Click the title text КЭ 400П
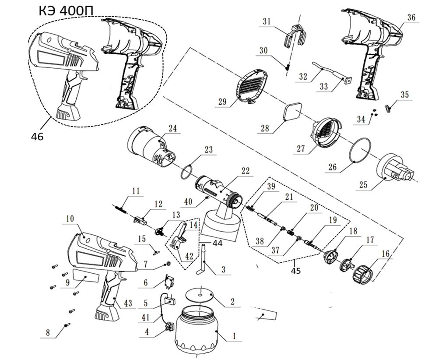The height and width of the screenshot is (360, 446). [x=66, y=11]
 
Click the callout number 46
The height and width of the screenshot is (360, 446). [x=37, y=137]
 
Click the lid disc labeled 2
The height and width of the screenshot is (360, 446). [x=199, y=295]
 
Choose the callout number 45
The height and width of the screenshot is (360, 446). [x=296, y=271]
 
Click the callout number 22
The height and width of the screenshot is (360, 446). [x=245, y=171]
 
